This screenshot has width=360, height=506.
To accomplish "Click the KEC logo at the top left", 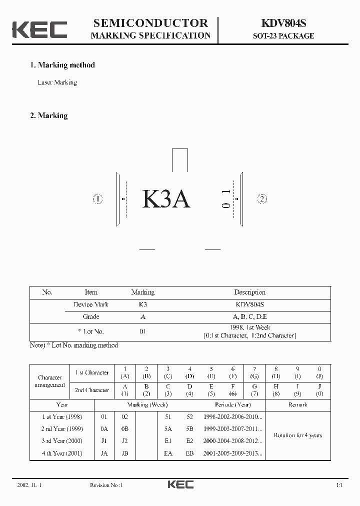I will pos(39,29).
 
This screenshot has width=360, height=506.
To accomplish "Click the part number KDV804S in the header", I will pos(283,23).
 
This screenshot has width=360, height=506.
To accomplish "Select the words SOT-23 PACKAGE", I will pos(283,36).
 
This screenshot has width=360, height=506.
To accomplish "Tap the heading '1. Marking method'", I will pos(62,65).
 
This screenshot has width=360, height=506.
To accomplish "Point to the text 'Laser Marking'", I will pos(57,82).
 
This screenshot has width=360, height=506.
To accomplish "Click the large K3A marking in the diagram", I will pos(166,199).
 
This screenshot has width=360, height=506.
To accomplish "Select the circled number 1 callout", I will pos(97,199).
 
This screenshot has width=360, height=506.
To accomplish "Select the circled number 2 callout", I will pos(262,199).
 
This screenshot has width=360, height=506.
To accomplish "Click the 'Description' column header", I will pos(249,292).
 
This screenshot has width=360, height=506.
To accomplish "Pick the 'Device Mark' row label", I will pos(91,304).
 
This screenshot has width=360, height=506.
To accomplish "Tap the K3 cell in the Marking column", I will pos(142,304).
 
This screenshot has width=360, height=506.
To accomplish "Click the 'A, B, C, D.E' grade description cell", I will pos(249,316).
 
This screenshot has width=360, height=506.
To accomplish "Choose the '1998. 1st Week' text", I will pos(249,327).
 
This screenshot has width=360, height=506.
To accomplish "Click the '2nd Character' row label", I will pos(92,390).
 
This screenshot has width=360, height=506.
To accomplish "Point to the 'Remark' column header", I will pos(297,404).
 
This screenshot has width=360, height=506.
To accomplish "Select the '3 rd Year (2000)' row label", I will pos(62,441).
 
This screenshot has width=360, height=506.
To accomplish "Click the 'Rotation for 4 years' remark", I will pos(297,435).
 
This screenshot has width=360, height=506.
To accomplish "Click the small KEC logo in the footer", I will pos(180,484).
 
